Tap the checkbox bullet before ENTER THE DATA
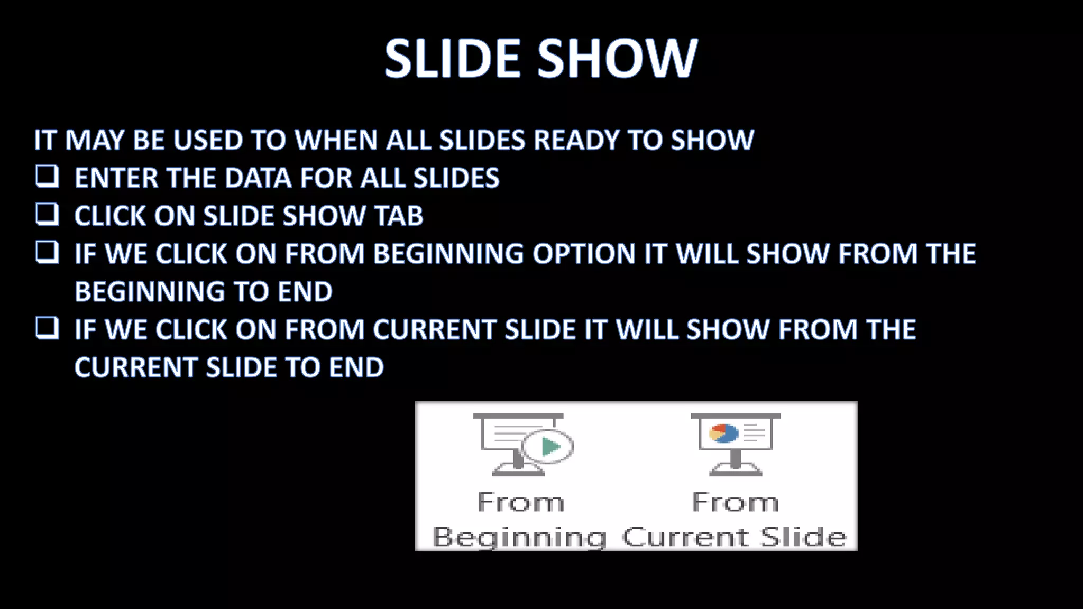coord(47,177)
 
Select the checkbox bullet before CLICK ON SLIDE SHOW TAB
coord(47,215)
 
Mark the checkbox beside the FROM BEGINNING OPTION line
coord(47,252)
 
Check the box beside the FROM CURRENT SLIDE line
coord(47,328)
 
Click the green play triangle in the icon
coord(550,447)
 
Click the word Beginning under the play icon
coord(519,537)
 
